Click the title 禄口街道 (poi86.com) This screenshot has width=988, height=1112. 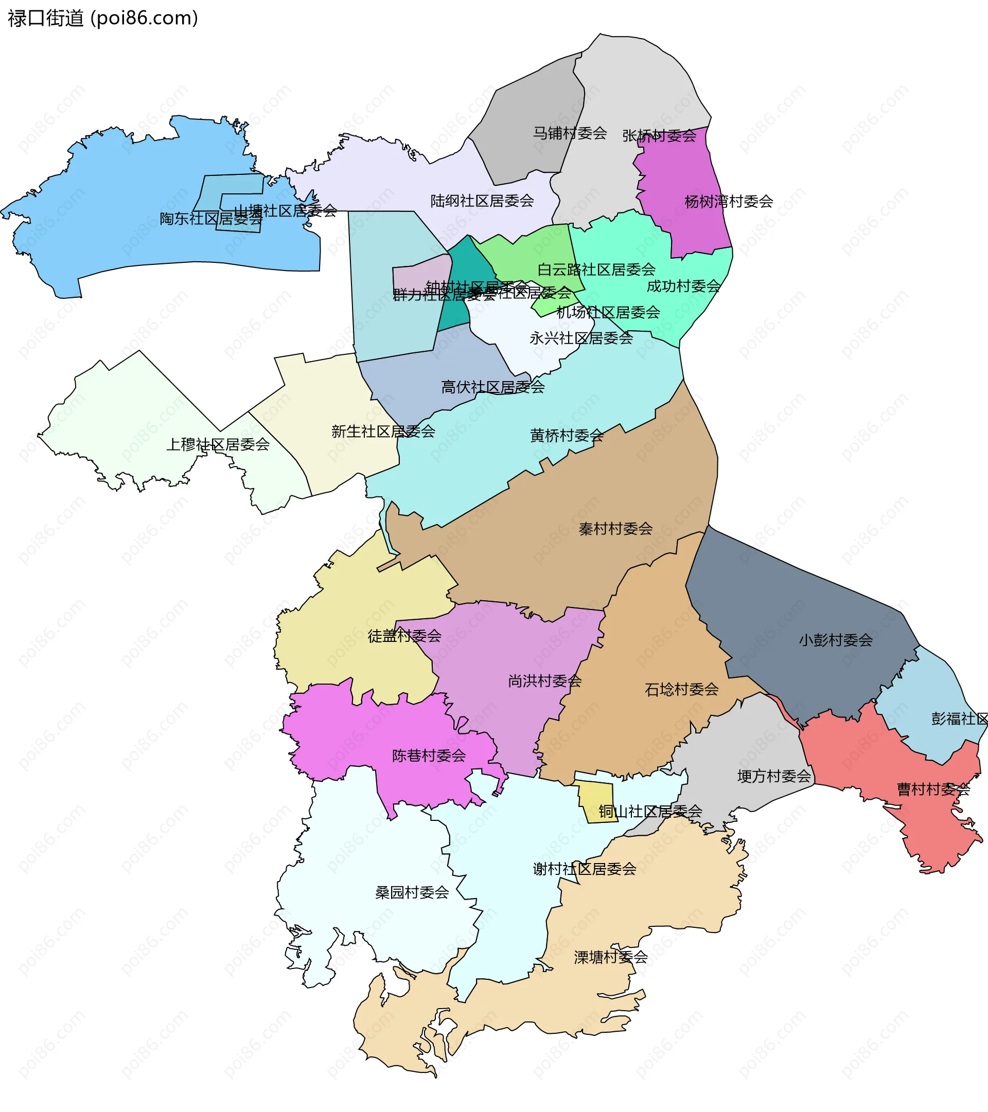coord(103,19)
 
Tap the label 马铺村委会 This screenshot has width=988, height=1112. coord(570,133)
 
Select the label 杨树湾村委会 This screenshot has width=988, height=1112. coord(728,202)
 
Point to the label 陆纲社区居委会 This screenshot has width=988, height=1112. coord(482,201)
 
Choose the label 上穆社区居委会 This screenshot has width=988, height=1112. coord(218,445)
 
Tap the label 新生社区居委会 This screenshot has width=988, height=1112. coord(383,432)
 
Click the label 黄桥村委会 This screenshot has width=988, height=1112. coord(567,436)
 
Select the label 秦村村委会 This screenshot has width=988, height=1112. coord(615,529)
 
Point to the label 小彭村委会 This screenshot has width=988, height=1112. coord(836,640)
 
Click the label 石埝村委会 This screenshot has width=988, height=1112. coord(681,690)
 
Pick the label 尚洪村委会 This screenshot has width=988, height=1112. coord(544,681)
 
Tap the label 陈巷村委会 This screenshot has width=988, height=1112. coord(429,756)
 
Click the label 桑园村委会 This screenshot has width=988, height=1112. coord(412,893)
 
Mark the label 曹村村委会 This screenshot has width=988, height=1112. coord(933,790)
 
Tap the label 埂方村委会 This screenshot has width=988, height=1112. coord(774,776)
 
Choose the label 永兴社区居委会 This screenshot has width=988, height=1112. coord(581,338)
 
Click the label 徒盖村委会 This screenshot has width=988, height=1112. coord(404,636)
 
